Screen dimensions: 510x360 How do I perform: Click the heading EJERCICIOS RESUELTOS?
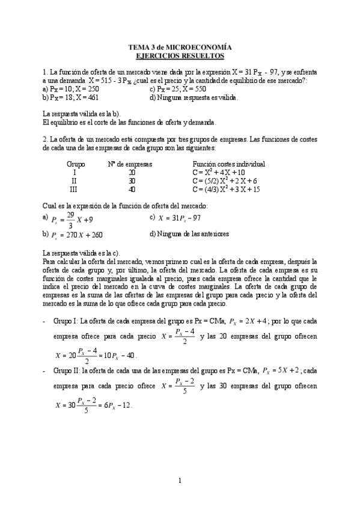180,56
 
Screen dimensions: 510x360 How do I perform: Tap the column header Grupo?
75,164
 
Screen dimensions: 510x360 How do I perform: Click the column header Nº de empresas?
130,164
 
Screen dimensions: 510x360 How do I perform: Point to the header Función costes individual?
229,164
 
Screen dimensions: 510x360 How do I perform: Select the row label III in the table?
75,189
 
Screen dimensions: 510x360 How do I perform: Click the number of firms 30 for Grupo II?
132,181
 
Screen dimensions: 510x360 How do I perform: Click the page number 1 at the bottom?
180,480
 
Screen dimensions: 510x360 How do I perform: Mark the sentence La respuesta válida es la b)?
82,114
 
